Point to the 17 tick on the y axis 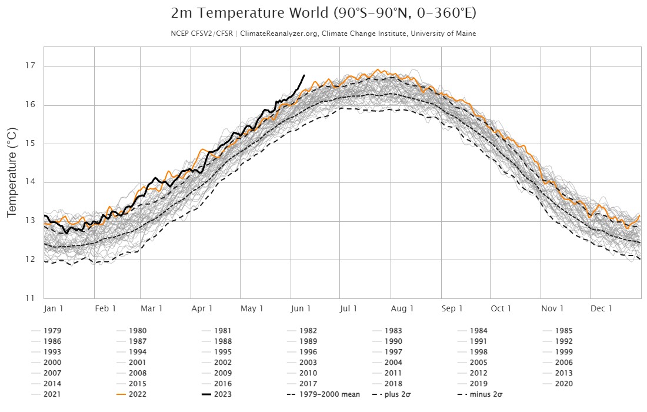coord(29,66)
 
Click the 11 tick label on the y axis coord(29,298)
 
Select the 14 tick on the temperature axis coord(29,182)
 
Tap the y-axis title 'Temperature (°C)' coord(11,171)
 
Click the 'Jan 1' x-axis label coord(54,308)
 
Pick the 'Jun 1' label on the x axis coord(301,308)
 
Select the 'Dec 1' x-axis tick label coord(602,308)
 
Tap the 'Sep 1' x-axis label coord(452,308)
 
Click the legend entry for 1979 coord(52,331)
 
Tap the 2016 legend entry coord(222,383)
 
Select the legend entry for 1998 coord(479,352)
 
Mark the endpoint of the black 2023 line coord(304,75)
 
